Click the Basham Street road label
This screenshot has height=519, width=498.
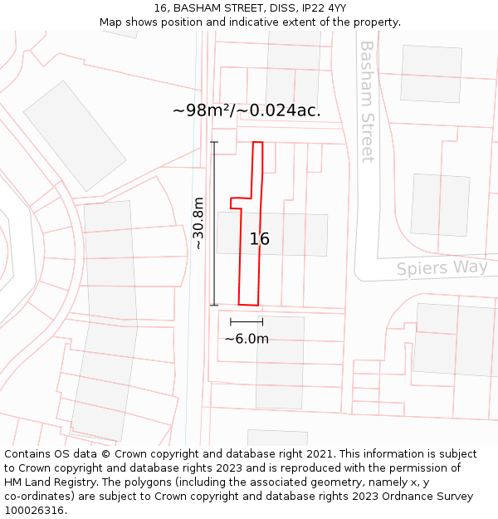pyautogui.click(x=366, y=101)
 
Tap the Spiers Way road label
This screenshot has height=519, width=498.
pyautogui.click(x=441, y=267)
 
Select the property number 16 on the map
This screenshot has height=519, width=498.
pyautogui.click(x=259, y=239)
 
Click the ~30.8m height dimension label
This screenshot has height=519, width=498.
pyautogui.click(x=198, y=223)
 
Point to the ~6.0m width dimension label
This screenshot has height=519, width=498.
pyautogui.click(x=247, y=338)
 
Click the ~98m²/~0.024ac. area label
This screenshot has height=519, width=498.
pyautogui.click(x=247, y=110)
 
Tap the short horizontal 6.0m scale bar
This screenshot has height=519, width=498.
pyautogui.click(x=247, y=321)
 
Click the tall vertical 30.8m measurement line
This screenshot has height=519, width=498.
pyautogui.click(x=214, y=223)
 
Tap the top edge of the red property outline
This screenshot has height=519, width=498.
pyautogui.click(x=258, y=143)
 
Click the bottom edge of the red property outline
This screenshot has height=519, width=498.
pyautogui.click(x=249, y=304)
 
